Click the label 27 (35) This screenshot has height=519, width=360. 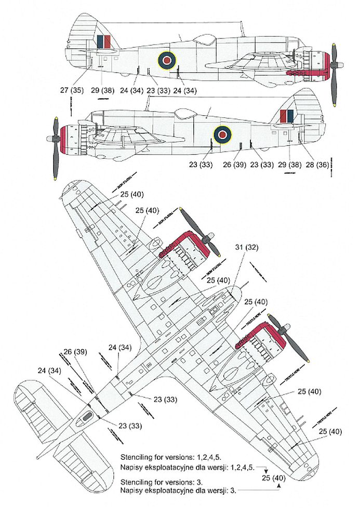coord(71,90)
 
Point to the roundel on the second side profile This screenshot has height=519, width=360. coord(223,134)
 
